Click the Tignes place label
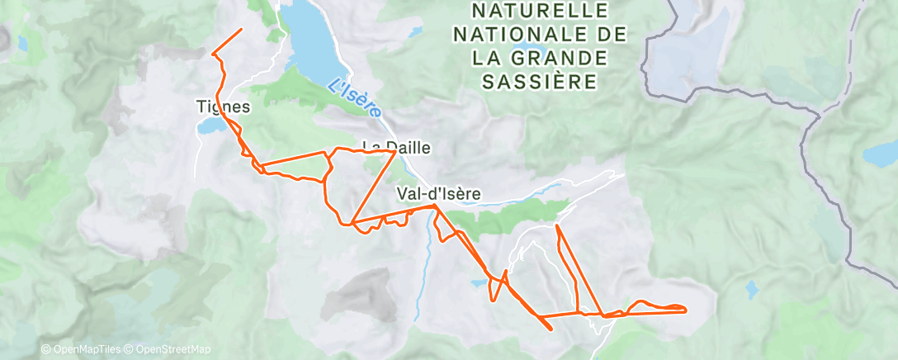223,107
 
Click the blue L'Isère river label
354,96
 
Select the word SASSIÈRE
538,82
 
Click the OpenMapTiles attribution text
82,350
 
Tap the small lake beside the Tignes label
210,126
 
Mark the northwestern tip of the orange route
242,30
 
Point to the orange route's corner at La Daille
392,153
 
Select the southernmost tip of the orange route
551,329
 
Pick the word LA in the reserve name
487,59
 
